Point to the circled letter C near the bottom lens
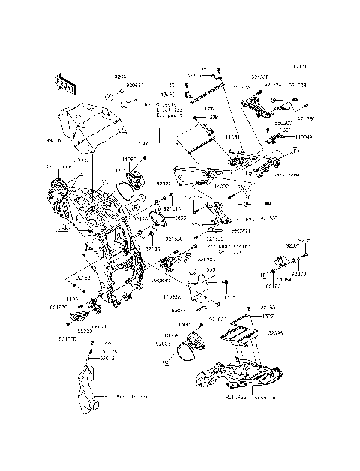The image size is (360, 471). (x=169, y=361)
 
